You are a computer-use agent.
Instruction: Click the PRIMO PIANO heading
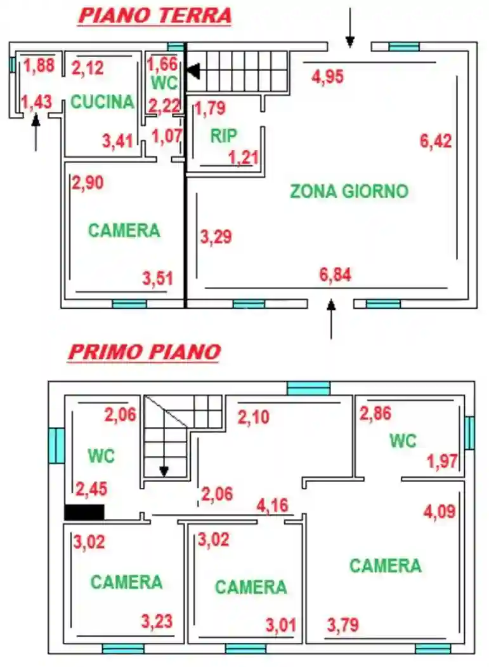tap(144, 352)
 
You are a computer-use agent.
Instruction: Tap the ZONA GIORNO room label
tap(349, 191)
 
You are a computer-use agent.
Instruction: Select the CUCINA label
tap(102, 102)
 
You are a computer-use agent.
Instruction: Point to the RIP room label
tap(224, 135)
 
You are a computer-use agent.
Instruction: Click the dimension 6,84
tap(336, 274)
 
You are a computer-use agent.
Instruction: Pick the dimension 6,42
tap(436, 141)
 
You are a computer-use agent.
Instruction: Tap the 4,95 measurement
tap(328, 77)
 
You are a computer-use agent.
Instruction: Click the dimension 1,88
tap(39, 65)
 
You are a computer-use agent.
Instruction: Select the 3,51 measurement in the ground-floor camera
tap(158, 278)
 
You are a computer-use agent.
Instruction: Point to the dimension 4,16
tap(273, 506)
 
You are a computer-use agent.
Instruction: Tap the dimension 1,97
tap(442, 461)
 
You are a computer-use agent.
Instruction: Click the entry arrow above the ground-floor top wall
tap(349, 29)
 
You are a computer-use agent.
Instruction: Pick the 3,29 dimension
tap(216, 237)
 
